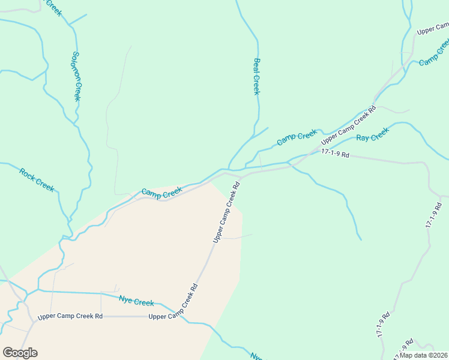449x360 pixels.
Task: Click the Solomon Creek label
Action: pos(76,76)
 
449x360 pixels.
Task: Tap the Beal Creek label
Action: pos(256,76)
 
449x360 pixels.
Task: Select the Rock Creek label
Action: pos(37,180)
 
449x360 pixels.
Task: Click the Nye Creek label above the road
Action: pos(136,302)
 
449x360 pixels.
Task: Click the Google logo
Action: pos(20,353)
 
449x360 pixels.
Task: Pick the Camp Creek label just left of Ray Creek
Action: pos(297,138)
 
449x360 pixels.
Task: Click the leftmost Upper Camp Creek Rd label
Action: pos(70,316)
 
